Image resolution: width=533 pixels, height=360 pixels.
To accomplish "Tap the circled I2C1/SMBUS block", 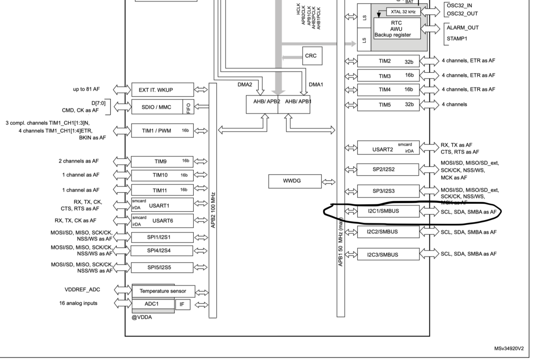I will tap(388, 211).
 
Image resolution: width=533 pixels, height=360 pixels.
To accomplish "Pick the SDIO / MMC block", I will tap(157, 107).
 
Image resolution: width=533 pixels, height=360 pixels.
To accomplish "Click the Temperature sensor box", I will tap(163, 291).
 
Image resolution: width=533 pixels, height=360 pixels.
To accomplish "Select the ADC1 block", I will tap(152, 304).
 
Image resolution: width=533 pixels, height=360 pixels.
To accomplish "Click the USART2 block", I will tap(388, 149).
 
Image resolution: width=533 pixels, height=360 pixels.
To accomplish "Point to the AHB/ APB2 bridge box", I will tap(262, 102).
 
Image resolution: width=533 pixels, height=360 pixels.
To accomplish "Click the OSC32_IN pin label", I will tap(462, 5).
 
